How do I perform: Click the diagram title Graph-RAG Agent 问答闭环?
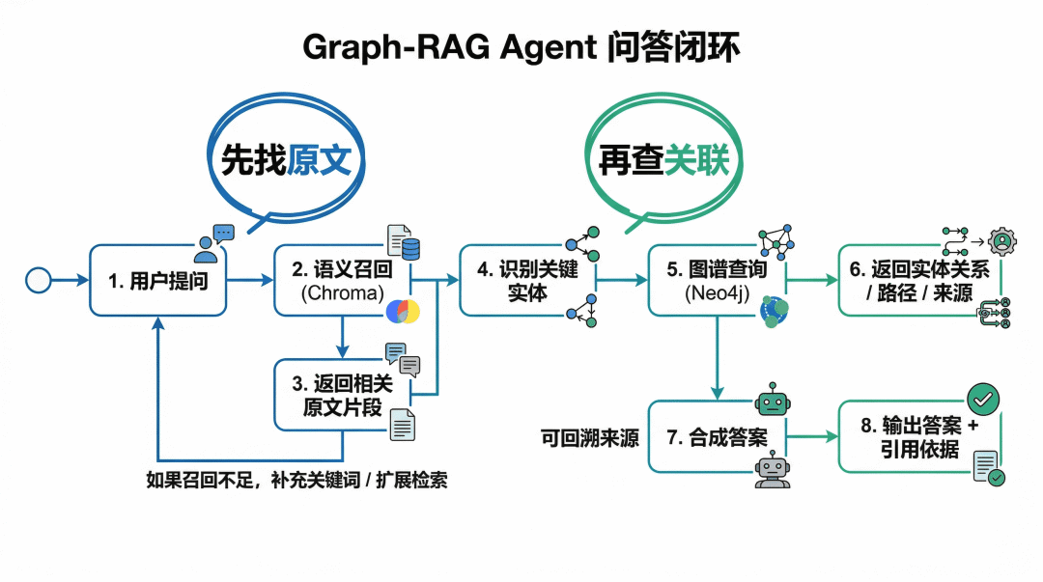point(521,47)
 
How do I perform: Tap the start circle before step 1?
point(38,280)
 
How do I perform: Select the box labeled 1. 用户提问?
point(158,280)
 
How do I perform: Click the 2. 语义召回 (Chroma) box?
point(343,280)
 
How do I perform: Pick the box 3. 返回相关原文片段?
point(343,395)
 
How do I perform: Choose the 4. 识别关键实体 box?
point(527,280)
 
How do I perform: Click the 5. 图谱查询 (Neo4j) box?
point(717,280)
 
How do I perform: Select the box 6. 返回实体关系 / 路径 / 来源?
point(920,280)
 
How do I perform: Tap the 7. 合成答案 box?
point(717,437)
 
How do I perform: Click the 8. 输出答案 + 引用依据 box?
point(920,437)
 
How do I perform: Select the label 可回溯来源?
point(590,438)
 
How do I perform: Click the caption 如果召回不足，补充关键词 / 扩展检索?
point(296,480)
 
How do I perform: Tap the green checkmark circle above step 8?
point(983,399)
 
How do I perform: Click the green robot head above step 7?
point(773,400)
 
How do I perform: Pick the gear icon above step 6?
point(1001,241)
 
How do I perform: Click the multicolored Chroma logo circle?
point(403,312)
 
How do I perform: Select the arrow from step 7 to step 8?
point(812,437)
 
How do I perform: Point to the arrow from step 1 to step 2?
point(250,280)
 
